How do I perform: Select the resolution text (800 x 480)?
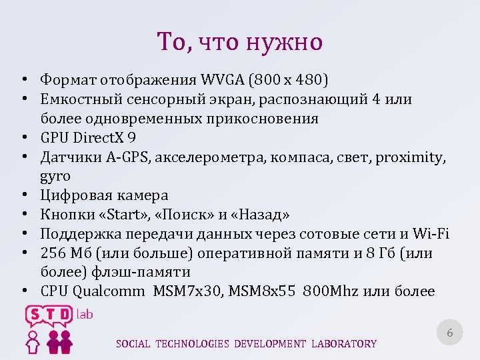(288, 81)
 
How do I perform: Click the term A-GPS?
(123, 157)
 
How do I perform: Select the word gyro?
(55, 177)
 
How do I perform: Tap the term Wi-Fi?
(431, 234)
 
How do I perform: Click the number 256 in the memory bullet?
(54, 253)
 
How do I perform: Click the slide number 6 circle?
(449, 332)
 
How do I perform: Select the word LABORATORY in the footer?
(343, 344)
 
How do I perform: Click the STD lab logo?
(57, 327)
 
